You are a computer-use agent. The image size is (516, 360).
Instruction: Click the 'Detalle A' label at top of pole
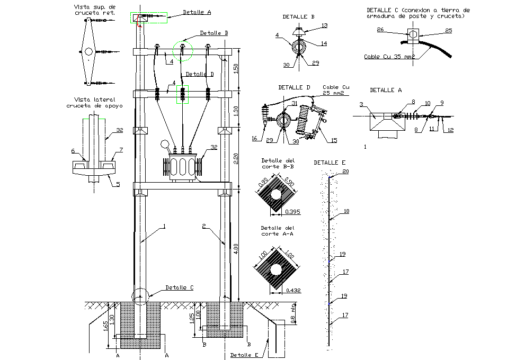[197, 12]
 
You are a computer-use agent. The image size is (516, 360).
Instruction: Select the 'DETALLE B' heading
[298, 17]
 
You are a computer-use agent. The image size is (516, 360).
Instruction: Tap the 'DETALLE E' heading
[329, 163]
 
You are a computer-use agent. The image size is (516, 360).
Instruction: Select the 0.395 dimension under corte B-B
[292, 212]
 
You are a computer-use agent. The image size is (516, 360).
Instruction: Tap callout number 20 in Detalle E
[346, 172]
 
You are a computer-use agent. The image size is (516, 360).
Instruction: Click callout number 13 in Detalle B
[325, 25]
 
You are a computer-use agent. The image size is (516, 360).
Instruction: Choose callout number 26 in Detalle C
[380, 30]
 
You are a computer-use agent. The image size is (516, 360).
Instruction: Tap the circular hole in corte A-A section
[275, 270]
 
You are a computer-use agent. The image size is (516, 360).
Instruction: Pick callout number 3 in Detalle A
[361, 104]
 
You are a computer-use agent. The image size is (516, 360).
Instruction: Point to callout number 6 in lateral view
[74, 151]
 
